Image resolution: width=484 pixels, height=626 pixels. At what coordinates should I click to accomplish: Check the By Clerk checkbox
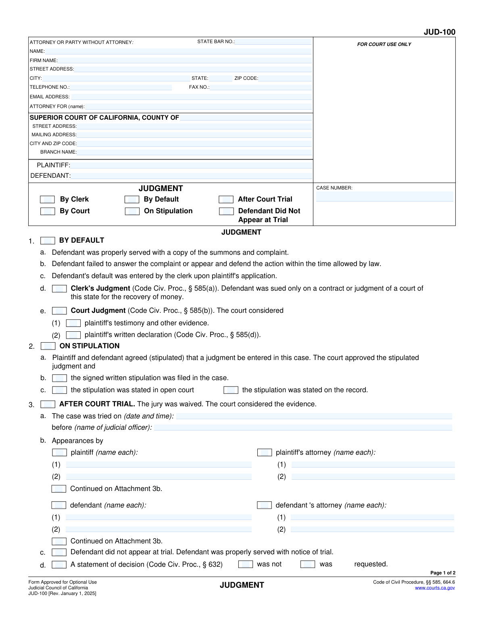48,200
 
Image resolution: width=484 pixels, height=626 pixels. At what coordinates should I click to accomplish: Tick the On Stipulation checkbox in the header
132,211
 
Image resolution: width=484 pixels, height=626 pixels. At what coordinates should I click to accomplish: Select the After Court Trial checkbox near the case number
226,200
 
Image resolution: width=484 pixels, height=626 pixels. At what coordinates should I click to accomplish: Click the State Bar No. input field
273,42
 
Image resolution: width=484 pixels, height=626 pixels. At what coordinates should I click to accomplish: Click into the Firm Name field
185,60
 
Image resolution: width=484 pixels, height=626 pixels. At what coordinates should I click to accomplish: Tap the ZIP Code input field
285,78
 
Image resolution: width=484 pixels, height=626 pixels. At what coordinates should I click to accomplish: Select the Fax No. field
261,87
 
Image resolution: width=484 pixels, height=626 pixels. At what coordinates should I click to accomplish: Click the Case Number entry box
384,197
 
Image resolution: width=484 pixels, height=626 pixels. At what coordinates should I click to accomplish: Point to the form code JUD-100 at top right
439,32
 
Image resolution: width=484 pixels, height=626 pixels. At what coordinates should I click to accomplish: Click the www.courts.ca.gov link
435,588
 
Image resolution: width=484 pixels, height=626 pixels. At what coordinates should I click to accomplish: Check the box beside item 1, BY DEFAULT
48,241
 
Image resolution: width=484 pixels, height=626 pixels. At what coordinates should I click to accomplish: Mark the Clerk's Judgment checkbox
59,289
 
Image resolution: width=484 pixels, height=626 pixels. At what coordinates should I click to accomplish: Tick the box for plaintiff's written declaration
73,335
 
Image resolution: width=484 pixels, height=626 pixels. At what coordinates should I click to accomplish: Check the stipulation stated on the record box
231,390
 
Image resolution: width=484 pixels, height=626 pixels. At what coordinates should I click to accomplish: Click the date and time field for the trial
314,416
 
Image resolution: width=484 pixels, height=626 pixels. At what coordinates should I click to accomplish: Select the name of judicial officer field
302,427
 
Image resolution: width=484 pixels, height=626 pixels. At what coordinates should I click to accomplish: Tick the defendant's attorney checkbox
264,505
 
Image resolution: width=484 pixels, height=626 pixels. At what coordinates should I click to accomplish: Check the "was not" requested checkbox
245,564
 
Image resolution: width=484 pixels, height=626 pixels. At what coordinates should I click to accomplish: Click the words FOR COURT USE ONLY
384,44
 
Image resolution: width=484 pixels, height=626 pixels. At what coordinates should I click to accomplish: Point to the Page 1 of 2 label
442,573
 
